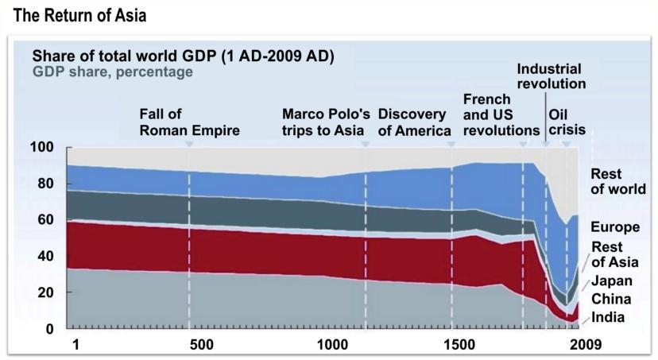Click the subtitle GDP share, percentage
112,72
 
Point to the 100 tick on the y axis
42,147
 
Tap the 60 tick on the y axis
45,220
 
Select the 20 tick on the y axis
45,292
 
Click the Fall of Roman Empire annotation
189,122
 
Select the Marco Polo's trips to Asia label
326,122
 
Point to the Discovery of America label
414,122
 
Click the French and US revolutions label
501,114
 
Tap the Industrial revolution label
551,76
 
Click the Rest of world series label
618,182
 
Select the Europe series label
617,226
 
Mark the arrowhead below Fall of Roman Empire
189,145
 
